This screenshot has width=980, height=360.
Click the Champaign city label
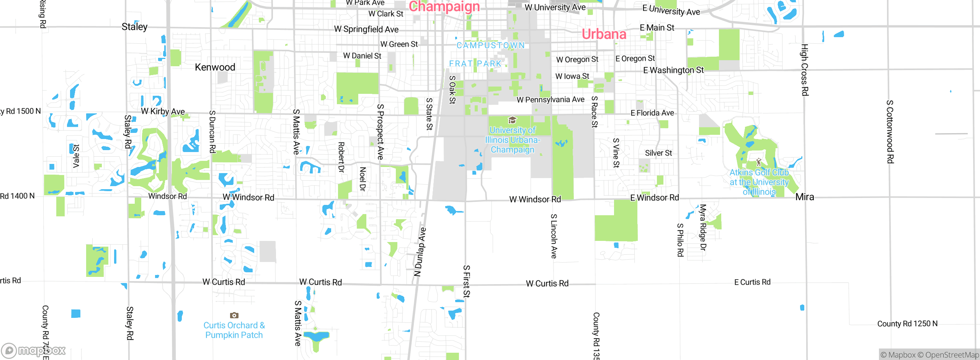pyautogui.click(x=444, y=7)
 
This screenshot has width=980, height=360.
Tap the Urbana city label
pyautogui.click(x=604, y=34)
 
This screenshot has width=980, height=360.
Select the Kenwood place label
pyautogui.click(x=215, y=67)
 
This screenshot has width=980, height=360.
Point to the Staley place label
pyautogui.click(x=134, y=27)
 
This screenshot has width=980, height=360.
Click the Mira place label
pyautogui.click(x=805, y=197)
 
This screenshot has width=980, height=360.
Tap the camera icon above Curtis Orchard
pyautogui.click(x=234, y=315)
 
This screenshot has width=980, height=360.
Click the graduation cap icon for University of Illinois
pyautogui.click(x=512, y=120)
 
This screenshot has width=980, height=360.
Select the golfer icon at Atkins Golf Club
pyautogui.click(x=759, y=162)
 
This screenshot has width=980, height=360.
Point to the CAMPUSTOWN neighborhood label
pyautogui.click(x=490, y=45)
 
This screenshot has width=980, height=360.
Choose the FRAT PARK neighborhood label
pyautogui.click(x=475, y=64)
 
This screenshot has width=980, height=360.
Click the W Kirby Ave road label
pyautogui.click(x=163, y=111)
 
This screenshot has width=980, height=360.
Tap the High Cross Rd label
pyautogui.click(x=805, y=70)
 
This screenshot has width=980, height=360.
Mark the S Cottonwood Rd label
pyautogui.click(x=890, y=131)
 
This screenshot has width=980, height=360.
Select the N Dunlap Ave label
pyautogui.click(x=420, y=252)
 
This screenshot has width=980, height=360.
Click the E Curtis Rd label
pyautogui.click(x=752, y=282)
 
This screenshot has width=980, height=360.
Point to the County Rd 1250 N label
pyautogui.click(x=907, y=324)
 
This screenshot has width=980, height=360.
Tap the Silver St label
pyautogui.click(x=658, y=153)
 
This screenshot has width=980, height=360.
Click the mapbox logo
pyautogui.click(x=34, y=350)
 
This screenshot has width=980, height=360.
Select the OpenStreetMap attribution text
pyautogui.click(x=948, y=355)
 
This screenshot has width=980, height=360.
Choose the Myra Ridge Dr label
pyautogui.click(x=702, y=227)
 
